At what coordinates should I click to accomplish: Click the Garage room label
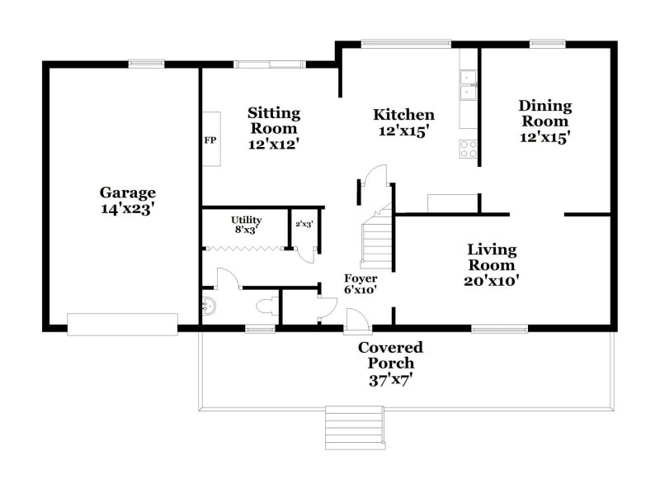pos(128,193)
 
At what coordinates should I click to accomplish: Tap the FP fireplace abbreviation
pos(210,140)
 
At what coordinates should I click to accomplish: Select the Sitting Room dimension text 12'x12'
pos(274,143)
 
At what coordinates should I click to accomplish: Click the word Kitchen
pos(403,115)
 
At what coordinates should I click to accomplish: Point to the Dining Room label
pos(545,113)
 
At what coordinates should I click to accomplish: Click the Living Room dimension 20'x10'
pos(492,280)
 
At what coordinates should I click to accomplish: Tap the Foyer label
pos(360,278)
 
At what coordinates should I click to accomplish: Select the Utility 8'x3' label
pos(245,225)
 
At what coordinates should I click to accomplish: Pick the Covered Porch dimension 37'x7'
pos(389,380)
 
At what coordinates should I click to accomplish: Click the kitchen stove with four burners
pos(468,149)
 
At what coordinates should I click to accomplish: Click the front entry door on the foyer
pos(354,319)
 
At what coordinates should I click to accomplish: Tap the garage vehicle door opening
pos(122,324)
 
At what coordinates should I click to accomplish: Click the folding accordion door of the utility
pos(243,247)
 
